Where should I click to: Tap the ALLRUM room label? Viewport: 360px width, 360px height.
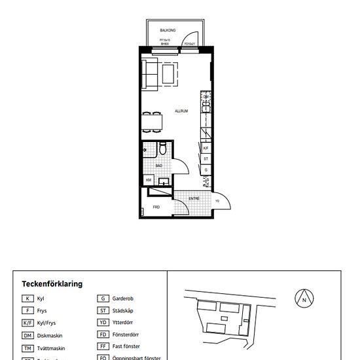pos(181,111)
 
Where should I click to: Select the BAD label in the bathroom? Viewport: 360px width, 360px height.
pos(159,166)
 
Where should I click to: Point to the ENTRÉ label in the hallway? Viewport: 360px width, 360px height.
pos(194,198)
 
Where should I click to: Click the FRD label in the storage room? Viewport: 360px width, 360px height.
pos(156,207)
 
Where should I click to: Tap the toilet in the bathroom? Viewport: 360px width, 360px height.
pos(161,151)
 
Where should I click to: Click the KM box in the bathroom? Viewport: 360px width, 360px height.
pos(149,180)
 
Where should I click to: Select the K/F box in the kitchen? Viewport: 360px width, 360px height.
pos(206,148)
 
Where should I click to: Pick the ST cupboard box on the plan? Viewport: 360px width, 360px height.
pos(206,158)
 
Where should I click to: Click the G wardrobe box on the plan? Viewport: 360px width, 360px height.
pos(206,170)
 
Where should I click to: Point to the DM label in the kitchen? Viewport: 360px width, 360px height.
pos(206,97)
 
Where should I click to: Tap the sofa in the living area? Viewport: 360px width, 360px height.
pos(151,74)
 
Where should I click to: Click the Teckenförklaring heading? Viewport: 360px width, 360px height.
pos(52,284)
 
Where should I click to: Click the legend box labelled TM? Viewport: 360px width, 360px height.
pos(27,348)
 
